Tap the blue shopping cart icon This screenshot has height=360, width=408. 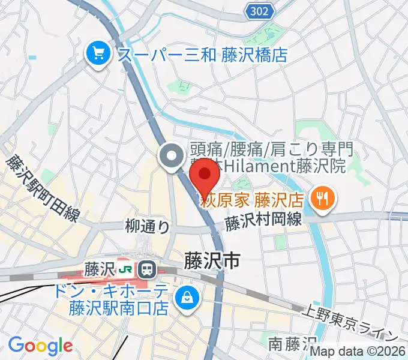97,55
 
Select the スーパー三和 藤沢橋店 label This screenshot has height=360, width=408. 203,56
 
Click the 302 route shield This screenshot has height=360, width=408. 260,10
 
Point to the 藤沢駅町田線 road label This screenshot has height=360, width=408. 42,188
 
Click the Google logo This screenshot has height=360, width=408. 40,346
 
